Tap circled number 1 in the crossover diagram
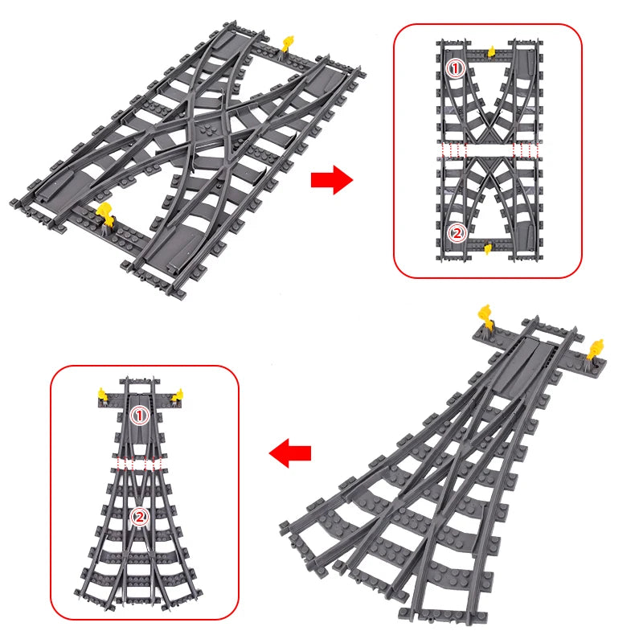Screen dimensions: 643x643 pos(456,69)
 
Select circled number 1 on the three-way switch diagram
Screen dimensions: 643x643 pos(140,416)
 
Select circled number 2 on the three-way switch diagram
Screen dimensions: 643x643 pos(140,517)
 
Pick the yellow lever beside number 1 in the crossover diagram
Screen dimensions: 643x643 pos(489,50)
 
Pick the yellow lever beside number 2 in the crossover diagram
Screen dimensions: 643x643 pos(487,249)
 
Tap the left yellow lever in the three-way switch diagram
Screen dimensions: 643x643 pos(103,393)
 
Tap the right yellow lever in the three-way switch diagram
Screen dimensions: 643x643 pos(178,394)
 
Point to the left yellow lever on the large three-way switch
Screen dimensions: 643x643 pos(485,313)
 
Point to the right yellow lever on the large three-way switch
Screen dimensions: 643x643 pos(596,349)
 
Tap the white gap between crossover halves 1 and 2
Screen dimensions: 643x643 pos(487,150)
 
